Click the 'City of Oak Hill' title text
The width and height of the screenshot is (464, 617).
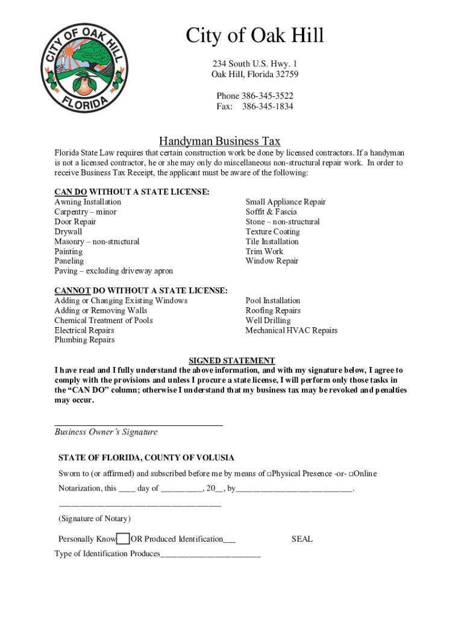(x=254, y=36)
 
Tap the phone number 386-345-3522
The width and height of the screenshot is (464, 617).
(x=268, y=96)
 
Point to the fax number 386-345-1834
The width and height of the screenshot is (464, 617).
(x=268, y=107)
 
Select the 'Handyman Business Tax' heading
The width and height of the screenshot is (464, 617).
(x=219, y=141)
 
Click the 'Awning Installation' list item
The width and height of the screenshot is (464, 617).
(x=87, y=202)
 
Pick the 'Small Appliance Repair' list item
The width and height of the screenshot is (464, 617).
(x=285, y=202)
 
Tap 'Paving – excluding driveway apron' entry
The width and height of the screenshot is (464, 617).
(x=113, y=271)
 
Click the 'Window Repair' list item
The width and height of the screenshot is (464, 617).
(x=272, y=261)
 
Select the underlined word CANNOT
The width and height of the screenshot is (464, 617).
(x=72, y=290)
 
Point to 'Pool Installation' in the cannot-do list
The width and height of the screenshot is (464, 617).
(x=272, y=301)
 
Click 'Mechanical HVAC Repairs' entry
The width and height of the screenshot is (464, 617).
(x=291, y=330)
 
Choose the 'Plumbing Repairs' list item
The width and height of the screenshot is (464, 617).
(x=84, y=340)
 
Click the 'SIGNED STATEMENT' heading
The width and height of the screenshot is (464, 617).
(x=231, y=360)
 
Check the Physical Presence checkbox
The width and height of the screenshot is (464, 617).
(x=269, y=474)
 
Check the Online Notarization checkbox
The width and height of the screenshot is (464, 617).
(x=351, y=474)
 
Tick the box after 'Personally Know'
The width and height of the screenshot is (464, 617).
(x=123, y=539)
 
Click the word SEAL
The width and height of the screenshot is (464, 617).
(x=302, y=539)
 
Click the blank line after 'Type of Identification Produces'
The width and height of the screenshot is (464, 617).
(x=210, y=555)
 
